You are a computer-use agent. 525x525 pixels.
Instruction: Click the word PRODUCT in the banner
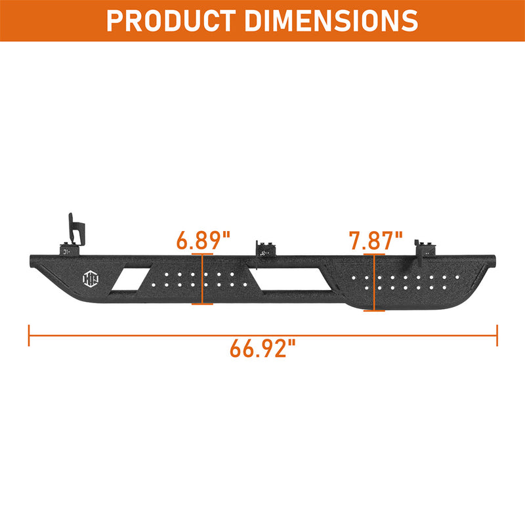coord(171,21)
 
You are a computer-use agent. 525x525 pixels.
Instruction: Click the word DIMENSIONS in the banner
coord(331,21)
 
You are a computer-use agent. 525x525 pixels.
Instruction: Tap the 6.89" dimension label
coord(203,240)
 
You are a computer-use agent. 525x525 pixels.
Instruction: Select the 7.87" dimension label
coord(375,240)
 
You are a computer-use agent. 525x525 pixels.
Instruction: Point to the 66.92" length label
coord(263,348)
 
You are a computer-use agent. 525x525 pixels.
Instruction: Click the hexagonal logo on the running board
coord(91,278)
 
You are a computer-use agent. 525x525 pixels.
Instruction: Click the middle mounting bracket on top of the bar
coord(266,249)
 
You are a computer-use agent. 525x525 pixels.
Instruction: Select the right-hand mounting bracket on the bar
coord(425,249)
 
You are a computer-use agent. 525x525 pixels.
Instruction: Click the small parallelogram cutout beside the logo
coord(131,279)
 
